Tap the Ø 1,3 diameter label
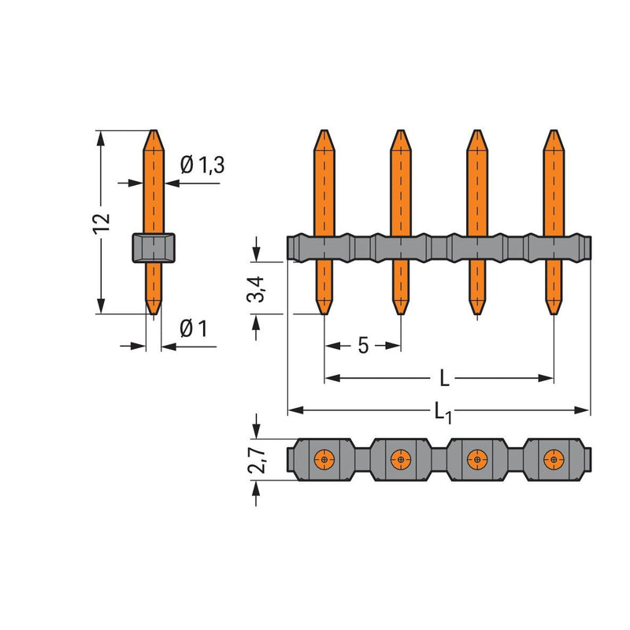coord(202,165)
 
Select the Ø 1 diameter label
coord(193,328)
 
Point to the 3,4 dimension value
coord(256,289)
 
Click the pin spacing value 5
coord(363,346)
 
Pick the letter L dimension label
coord(444,378)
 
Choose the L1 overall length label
coord(443,413)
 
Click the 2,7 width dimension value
coord(257,460)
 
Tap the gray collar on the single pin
coord(154,247)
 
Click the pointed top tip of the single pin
coord(154,130)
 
